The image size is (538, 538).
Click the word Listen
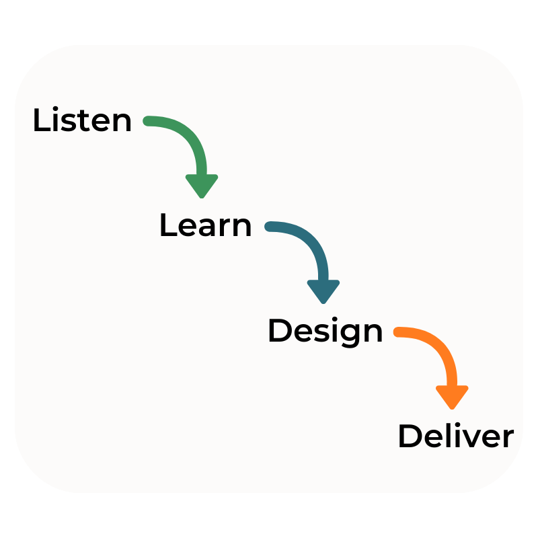[82, 121]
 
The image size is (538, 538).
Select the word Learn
[205, 226]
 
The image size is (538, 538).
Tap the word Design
[325, 332]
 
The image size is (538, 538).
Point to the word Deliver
[455, 437]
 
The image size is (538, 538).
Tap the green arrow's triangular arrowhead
[202, 185]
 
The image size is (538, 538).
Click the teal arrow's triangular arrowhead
[323, 291]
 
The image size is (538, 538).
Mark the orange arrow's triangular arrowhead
[452, 396]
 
